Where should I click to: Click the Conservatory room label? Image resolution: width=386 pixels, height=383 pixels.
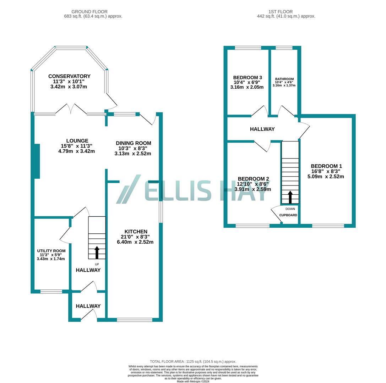(x=69, y=76)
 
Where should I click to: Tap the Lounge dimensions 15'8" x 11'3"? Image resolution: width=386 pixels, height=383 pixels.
(x=77, y=146)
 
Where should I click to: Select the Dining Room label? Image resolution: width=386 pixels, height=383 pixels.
(x=133, y=143)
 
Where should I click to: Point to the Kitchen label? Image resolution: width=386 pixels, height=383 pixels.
(x=136, y=232)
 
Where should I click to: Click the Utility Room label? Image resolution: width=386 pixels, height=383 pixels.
(x=51, y=251)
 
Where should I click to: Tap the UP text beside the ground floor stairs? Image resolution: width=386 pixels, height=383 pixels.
(x=97, y=264)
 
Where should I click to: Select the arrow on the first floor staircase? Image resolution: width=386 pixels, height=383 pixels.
(x=290, y=197)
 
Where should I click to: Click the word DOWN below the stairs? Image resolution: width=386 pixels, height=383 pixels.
(x=290, y=209)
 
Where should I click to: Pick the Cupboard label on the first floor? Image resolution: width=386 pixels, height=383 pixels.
(x=288, y=215)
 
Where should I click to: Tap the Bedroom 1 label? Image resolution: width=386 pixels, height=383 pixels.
(x=326, y=166)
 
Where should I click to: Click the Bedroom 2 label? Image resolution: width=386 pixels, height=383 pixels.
(x=253, y=179)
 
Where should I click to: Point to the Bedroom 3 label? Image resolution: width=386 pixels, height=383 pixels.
(x=247, y=78)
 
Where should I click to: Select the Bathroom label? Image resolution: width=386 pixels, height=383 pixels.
(x=284, y=79)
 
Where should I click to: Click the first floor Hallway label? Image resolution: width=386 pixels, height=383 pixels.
(x=262, y=129)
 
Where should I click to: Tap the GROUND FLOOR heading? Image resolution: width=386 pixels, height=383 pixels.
(x=89, y=12)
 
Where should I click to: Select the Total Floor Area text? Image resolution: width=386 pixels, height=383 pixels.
(x=193, y=362)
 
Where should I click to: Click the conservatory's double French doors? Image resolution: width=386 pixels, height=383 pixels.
(x=71, y=109)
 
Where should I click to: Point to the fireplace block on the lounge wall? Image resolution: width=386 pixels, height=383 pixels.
(x=37, y=161)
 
